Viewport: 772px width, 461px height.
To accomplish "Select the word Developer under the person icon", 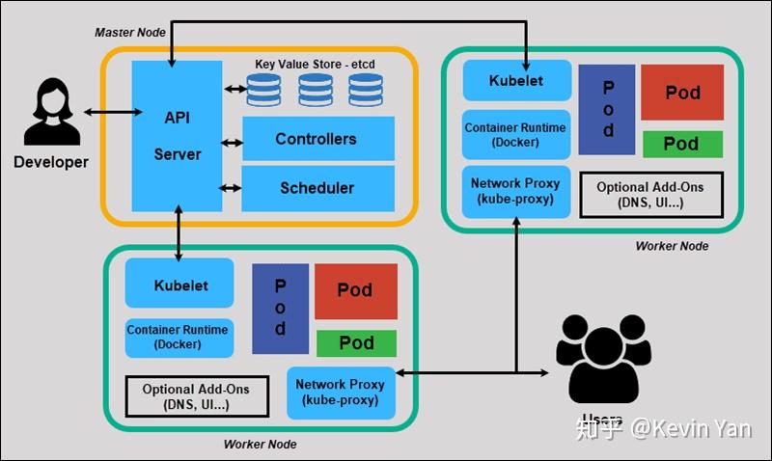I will click(50, 162).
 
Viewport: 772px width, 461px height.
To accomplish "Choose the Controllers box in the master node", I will click(317, 139).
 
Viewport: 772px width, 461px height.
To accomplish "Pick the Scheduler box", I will click(317, 188).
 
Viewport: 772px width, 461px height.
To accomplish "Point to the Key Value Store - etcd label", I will click(314, 64).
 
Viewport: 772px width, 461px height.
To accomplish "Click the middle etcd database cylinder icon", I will click(315, 90).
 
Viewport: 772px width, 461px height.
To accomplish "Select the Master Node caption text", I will click(130, 32).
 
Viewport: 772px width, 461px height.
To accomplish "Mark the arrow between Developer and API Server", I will click(107, 113).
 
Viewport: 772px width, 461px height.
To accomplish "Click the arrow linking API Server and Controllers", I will click(232, 143).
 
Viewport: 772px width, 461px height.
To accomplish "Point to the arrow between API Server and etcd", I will click(234, 90).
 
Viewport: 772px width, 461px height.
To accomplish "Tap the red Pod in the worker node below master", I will click(355, 290).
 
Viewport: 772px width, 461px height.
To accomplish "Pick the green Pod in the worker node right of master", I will click(681, 144).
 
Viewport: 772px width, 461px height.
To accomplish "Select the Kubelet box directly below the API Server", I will click(179, 285).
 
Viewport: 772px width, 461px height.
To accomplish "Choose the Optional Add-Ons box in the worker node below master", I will click(195, 396).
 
